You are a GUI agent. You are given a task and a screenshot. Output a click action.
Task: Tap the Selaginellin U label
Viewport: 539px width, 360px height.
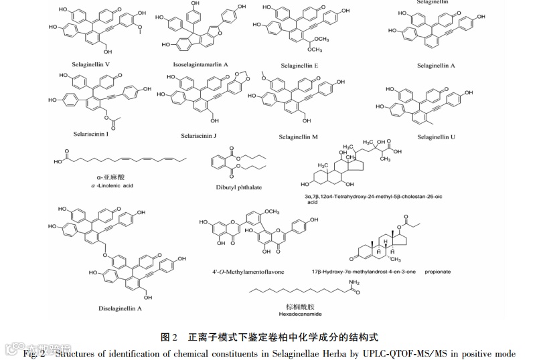(436, 137)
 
